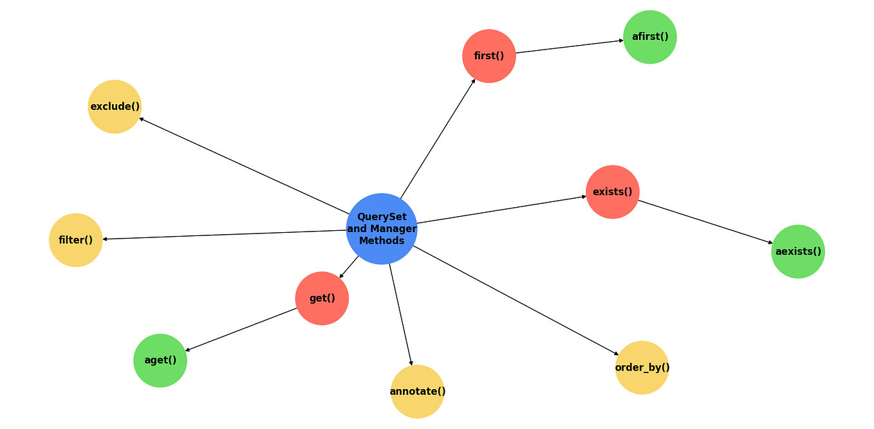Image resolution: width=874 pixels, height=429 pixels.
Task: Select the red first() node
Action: [489, 56]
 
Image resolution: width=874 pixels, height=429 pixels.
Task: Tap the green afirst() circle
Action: [650, 37]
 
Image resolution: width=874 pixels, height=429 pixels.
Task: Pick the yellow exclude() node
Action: [115, 107]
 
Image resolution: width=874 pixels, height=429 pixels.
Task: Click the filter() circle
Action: [76, 240]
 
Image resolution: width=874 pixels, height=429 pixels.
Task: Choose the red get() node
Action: [322, 298]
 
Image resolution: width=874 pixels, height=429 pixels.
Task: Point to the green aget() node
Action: [160, 360]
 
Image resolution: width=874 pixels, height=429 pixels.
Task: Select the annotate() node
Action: [418, 391]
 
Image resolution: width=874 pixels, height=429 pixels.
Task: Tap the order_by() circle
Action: [642, 367]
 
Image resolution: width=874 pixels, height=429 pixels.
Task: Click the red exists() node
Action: [613, 192]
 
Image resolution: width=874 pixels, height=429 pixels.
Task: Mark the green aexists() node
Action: [798, 251]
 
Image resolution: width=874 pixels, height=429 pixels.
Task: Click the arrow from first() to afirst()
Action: [570, 46]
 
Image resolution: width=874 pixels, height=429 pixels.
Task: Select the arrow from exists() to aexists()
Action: [705, 222]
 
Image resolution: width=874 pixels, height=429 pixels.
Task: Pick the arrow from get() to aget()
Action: [241, 329]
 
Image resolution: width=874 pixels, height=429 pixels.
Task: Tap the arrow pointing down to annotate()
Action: [400, 313]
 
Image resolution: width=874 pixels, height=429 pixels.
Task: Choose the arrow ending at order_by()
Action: [515, 300]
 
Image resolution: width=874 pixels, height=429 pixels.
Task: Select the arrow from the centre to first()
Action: [438, 138]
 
